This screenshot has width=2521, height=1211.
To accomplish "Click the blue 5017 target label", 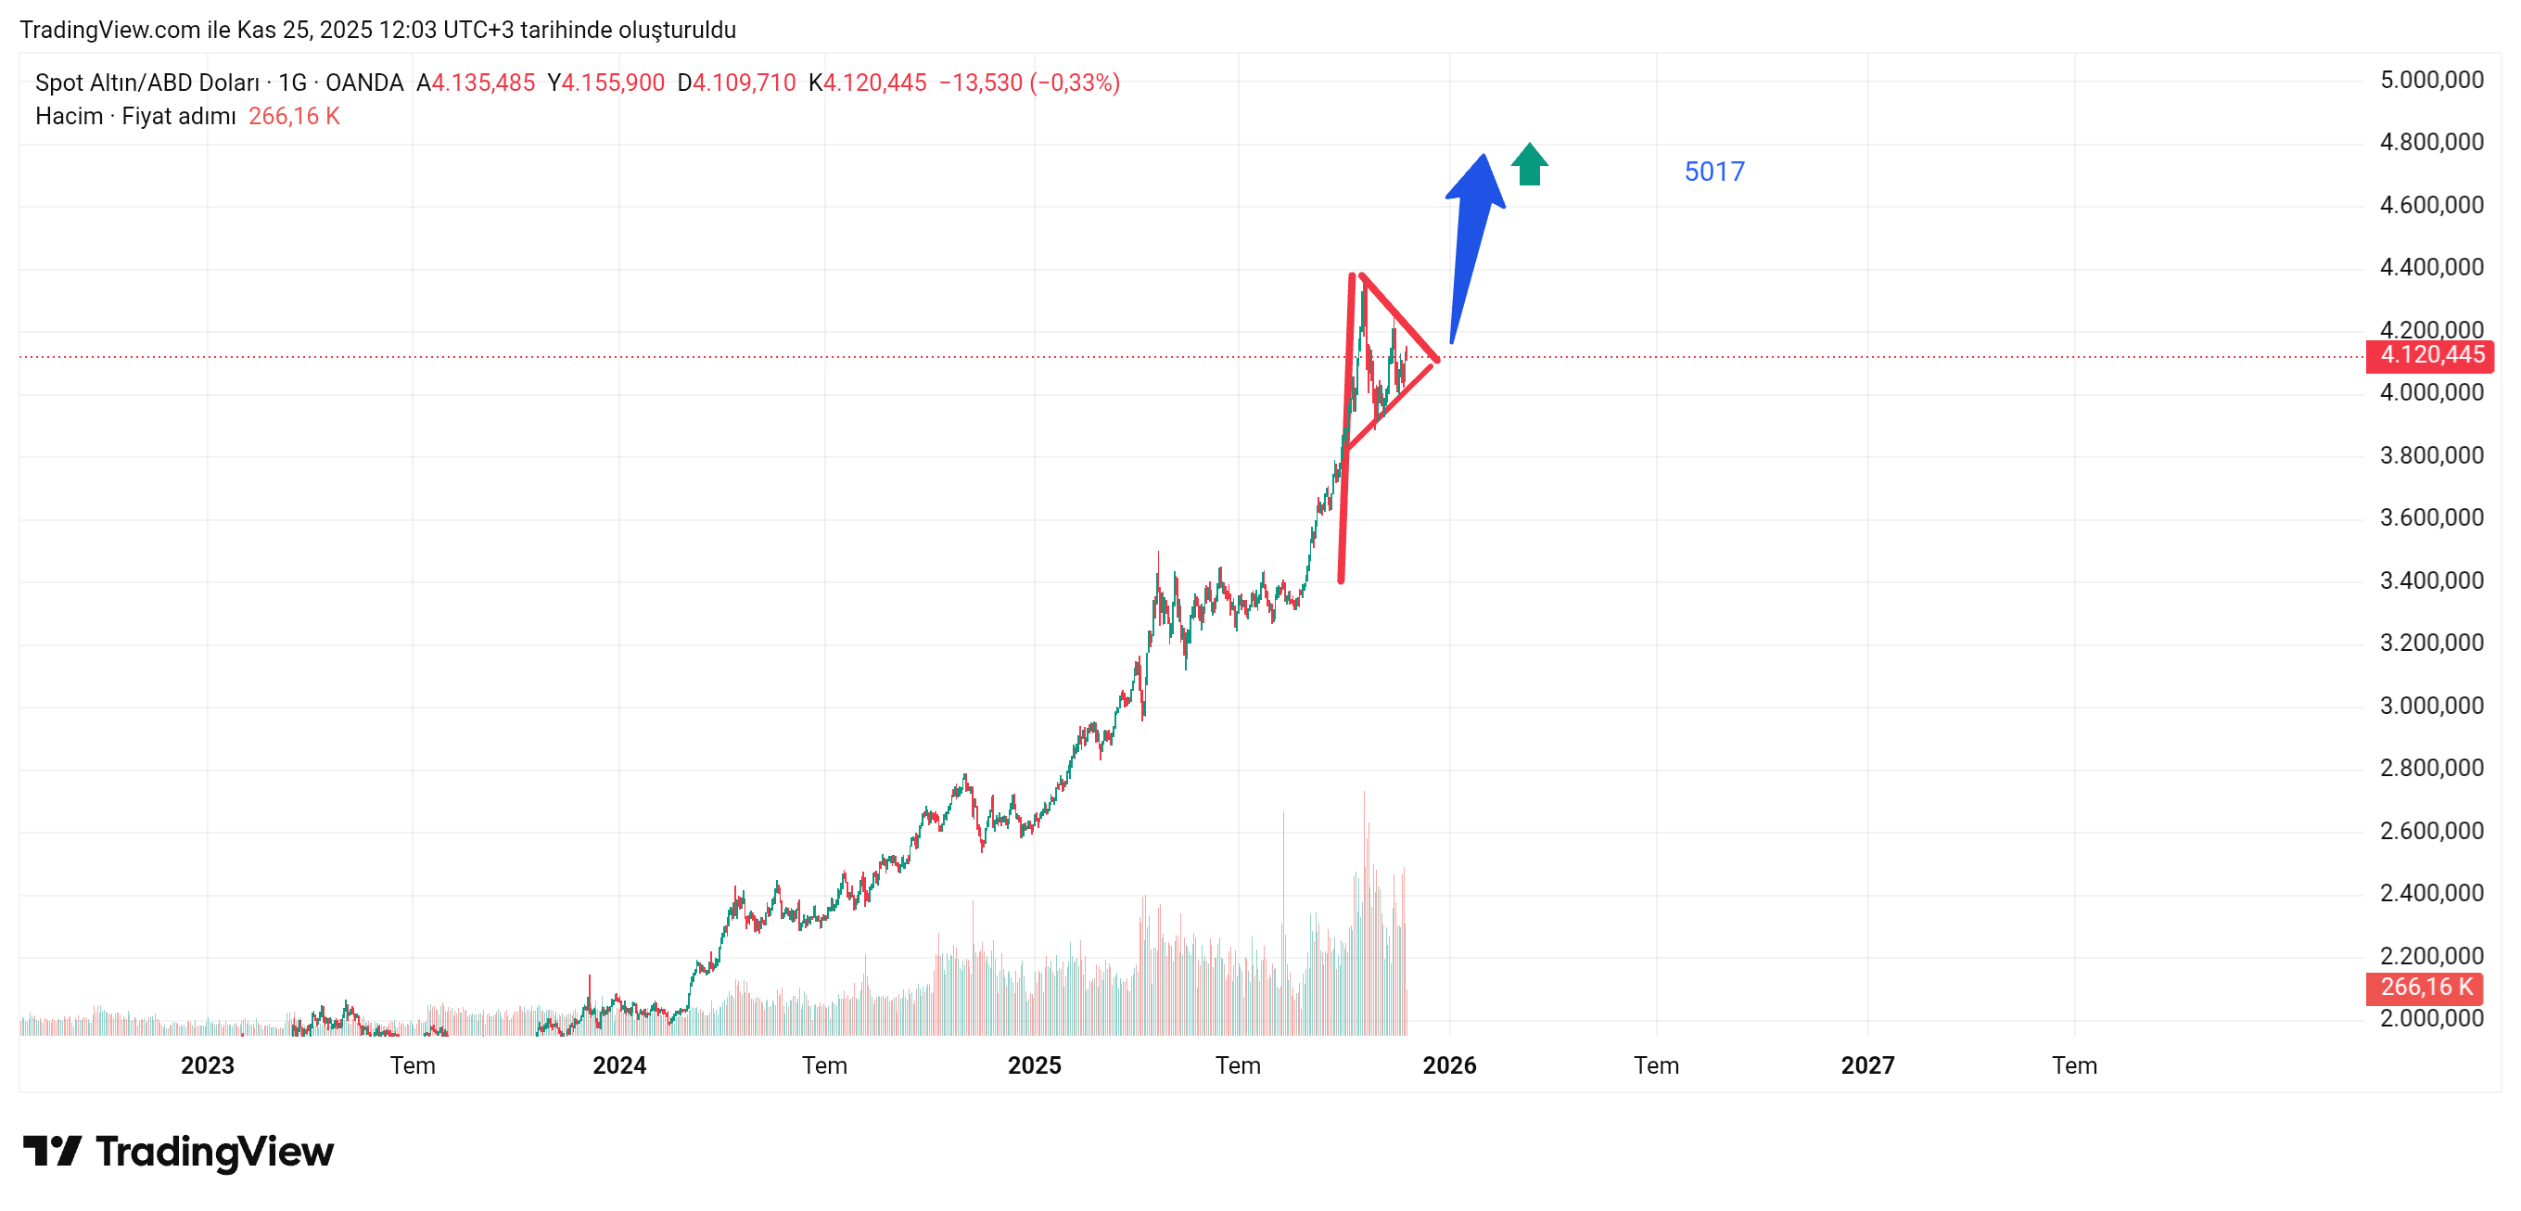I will pyautogui.click(x=1713, y=172).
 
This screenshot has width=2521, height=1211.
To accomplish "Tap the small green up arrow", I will pyautogui.click(x=1529, y=164).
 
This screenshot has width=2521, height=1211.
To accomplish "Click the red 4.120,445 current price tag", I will pyautogui.click(x=2429, y=354).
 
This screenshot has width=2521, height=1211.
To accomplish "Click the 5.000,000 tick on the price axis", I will pyautogui.click(x=2431, y=81).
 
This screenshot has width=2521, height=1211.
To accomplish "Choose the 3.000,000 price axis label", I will pyautogui.click(x=2431, y=706).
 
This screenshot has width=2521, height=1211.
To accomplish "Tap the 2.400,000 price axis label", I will pyautogui.click(x=2431, y=893).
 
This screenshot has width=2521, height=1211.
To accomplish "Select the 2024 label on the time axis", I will pyautogui.click(x=618, y=1065).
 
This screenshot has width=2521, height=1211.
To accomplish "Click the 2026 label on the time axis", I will pyautogui.click(x=1448, y=1065).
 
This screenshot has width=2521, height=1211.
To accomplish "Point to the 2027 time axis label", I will pyautogui.click(x=1866, y=1065).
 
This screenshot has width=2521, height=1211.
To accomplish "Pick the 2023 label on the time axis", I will pyautogui.click(x=208, y=1065).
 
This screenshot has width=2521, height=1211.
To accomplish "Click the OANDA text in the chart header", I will pyautogui.click(x=364, y=83).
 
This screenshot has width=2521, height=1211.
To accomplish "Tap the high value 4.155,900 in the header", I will pyautogui.click(x=613, y=83).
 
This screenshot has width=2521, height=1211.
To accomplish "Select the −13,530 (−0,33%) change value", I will pyautogui.click(x=1028, y=83).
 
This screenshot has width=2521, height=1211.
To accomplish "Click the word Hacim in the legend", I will pyautogui.click(x=69, y=117).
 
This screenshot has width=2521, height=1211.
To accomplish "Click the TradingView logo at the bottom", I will pyautogui.click(x=178, y=1152).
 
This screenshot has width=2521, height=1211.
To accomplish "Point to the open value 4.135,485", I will pyautogui.click(x=482, y=83).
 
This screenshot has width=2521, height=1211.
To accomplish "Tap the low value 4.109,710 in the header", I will pyautogui.click(x=744, y=83).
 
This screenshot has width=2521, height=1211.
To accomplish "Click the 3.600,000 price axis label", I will pyautogui.click(x=2431, y=518).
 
